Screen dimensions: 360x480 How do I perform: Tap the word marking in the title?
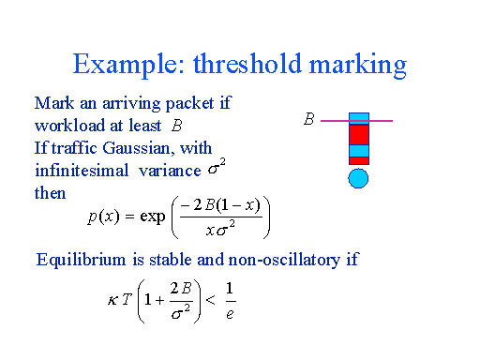pyautogui.click(x=360, y=66)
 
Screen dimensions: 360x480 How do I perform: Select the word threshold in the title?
pyautogui.click(x=247, y=65)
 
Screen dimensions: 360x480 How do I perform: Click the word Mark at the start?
pyautogui.click(x=52, y=104)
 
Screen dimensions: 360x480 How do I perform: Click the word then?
pyautogui.click(x=50, y=192)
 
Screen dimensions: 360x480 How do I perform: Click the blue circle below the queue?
pyautogui.click(x=358, y=178)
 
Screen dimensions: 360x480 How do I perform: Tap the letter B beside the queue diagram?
pyautogui.click(x=308, y=120)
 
